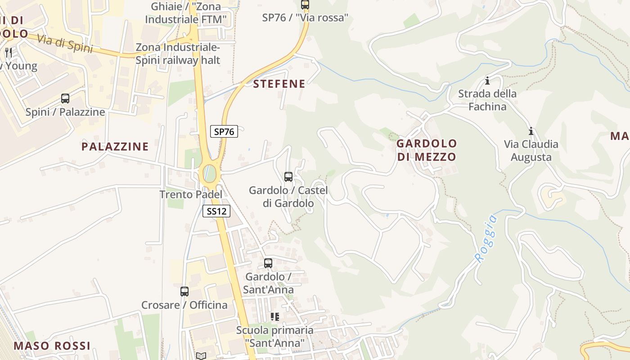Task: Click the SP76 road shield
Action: [224, 131]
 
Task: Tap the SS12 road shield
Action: [216, 211]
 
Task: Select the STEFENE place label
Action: [279, 84]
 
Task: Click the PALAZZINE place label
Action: [115, 146]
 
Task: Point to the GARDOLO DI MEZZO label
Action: [426, 150]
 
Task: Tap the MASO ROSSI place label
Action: [52, 346]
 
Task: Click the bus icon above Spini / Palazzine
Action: [65, 99]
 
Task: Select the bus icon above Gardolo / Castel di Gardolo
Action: [288, 177]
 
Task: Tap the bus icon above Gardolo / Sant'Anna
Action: [268, 263]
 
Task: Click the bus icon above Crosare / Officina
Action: [184, 292]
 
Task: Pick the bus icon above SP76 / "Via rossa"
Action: [305, 5]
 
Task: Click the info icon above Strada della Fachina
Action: [487, 81]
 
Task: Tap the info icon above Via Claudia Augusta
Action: [531, 131]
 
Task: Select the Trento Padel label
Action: [191, 194]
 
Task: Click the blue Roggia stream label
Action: [486, 239]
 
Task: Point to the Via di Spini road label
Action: [65, 44]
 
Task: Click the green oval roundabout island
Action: [209, 174]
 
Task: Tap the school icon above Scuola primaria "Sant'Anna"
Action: [275, 317]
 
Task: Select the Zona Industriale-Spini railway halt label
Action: [178, 54]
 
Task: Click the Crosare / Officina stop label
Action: [184, 305]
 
